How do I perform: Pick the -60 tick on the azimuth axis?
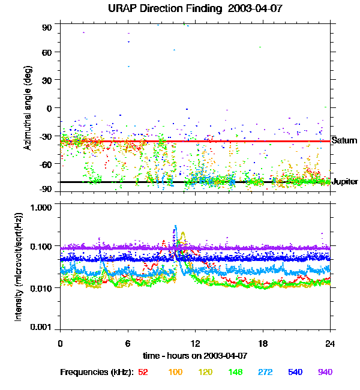point(46,163)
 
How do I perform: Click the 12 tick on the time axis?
point(195,343)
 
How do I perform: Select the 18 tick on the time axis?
point(263,343)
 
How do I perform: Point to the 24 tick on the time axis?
point(330,343)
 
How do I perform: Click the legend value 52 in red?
point(143,372)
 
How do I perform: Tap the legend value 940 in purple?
point(325,372)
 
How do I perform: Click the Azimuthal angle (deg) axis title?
point(28,108)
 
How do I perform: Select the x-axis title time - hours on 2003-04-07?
point(195,356)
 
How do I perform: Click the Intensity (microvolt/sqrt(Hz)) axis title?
point(19,267)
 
